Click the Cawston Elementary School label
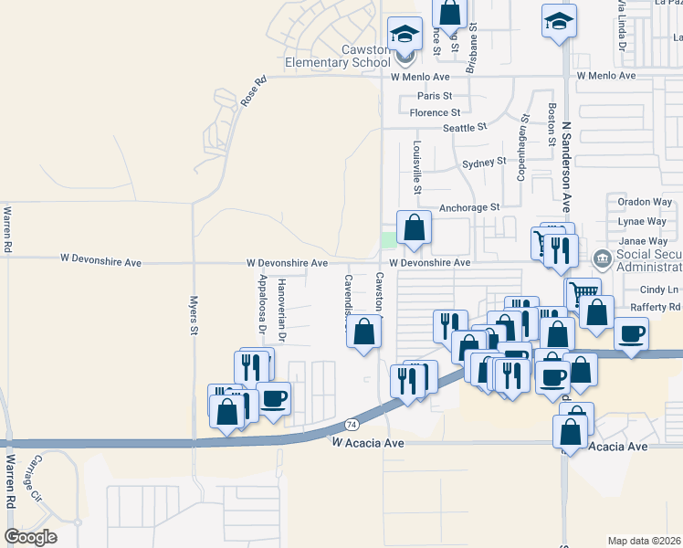click(x=339, y=56)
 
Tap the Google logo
click(x=31, y=537)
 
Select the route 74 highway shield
click(x=352, y=425)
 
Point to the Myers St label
click(x=194, y=313)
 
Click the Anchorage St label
click(x=469, y=207)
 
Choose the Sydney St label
click(x=483, y=163)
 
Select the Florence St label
click(x=435, y=113)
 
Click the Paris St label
click(x=435, y=96)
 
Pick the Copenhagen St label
click(x=522, y=147)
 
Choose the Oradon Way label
click(x=645, y=202)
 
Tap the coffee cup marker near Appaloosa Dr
click(x=273, y=397)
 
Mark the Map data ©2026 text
click(x=644, y=541)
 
